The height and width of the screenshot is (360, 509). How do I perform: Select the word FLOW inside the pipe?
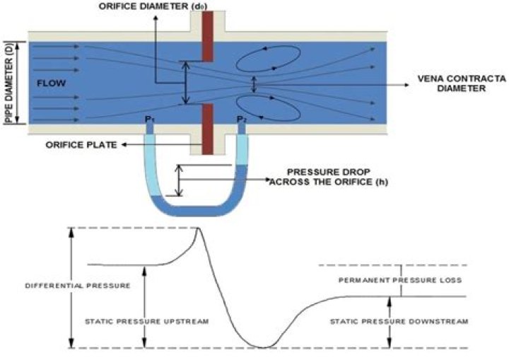pos(48,83)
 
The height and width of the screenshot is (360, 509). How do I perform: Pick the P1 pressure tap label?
pos(149,120)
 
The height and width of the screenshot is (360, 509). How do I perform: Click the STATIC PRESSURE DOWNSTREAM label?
pos(399,321)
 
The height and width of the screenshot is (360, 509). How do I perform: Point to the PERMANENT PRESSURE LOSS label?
pos(400,280)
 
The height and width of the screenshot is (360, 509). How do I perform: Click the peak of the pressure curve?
pos(197,228)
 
